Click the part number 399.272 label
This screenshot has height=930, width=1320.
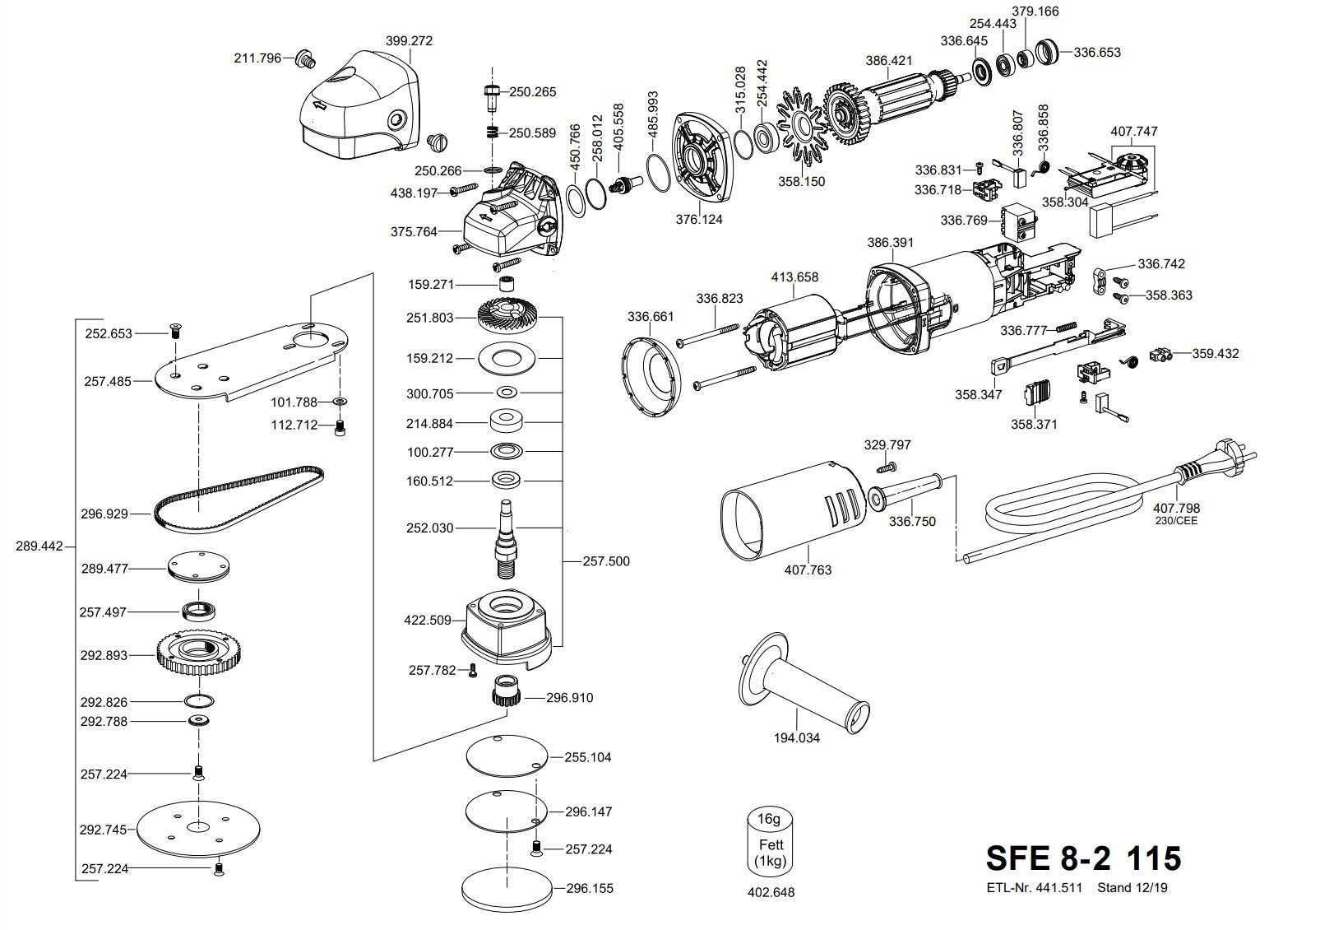[x=409, y=40]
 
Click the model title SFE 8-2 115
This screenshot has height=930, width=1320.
[x=1083, y=858]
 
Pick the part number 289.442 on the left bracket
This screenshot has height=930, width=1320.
[x=39, y=545]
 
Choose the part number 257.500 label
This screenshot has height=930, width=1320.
[x=606, y=561]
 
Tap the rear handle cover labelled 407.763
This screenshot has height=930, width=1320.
[x=792, y=514]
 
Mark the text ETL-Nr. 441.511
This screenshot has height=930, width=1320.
[x=1035, y=888]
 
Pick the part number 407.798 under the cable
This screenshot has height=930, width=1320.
[x=1176, y=509]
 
